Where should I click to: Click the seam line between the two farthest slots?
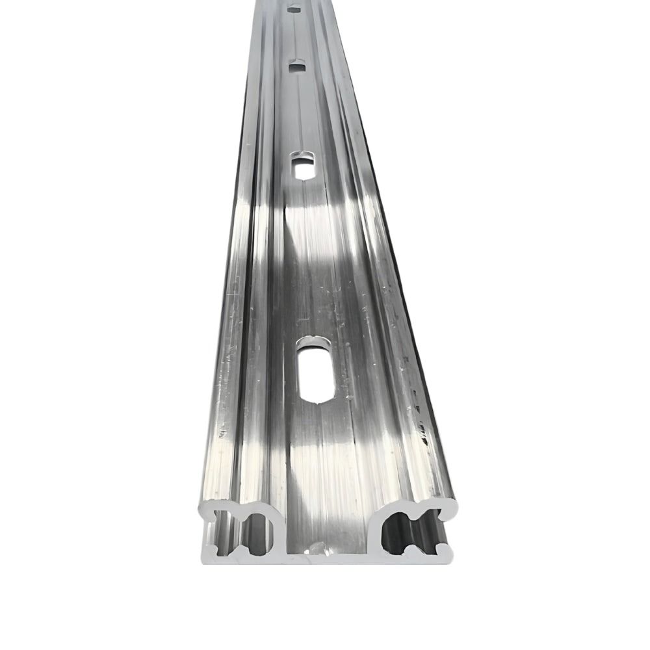(x=294, y=36)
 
